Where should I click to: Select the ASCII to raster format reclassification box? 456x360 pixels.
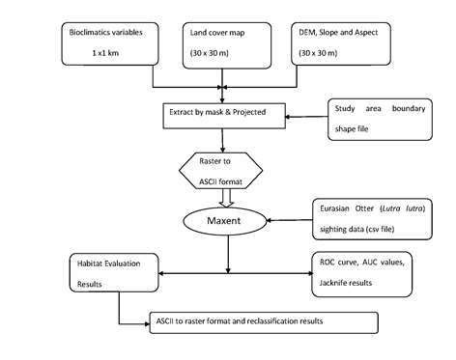coord(261,320)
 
